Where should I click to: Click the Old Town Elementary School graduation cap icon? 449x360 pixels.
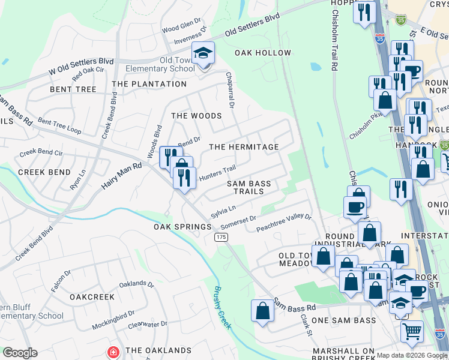pyautogui.click(x=203, y=54)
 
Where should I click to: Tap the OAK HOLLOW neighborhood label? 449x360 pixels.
pyautogui.click(x=263, y=53)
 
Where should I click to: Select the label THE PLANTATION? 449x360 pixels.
pyautogui.click(x=149, y=84)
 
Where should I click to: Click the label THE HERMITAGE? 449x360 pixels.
pyautogui.click(x=244, y=147)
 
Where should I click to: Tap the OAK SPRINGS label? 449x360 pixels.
pyautogui.click(x=182, y=227)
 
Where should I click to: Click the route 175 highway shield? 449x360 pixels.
pyautogui.click(x=221, y=238)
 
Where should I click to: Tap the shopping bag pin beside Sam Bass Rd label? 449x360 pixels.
pyautogui.click(x=262, y=311)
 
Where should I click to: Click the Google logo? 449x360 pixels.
pyautogui.click(x=20, y=352)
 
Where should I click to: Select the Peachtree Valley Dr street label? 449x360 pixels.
pyautogui.click(x=284, y=223)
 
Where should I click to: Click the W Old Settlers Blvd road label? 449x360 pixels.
pyautogui.click(x=81, y=65)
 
